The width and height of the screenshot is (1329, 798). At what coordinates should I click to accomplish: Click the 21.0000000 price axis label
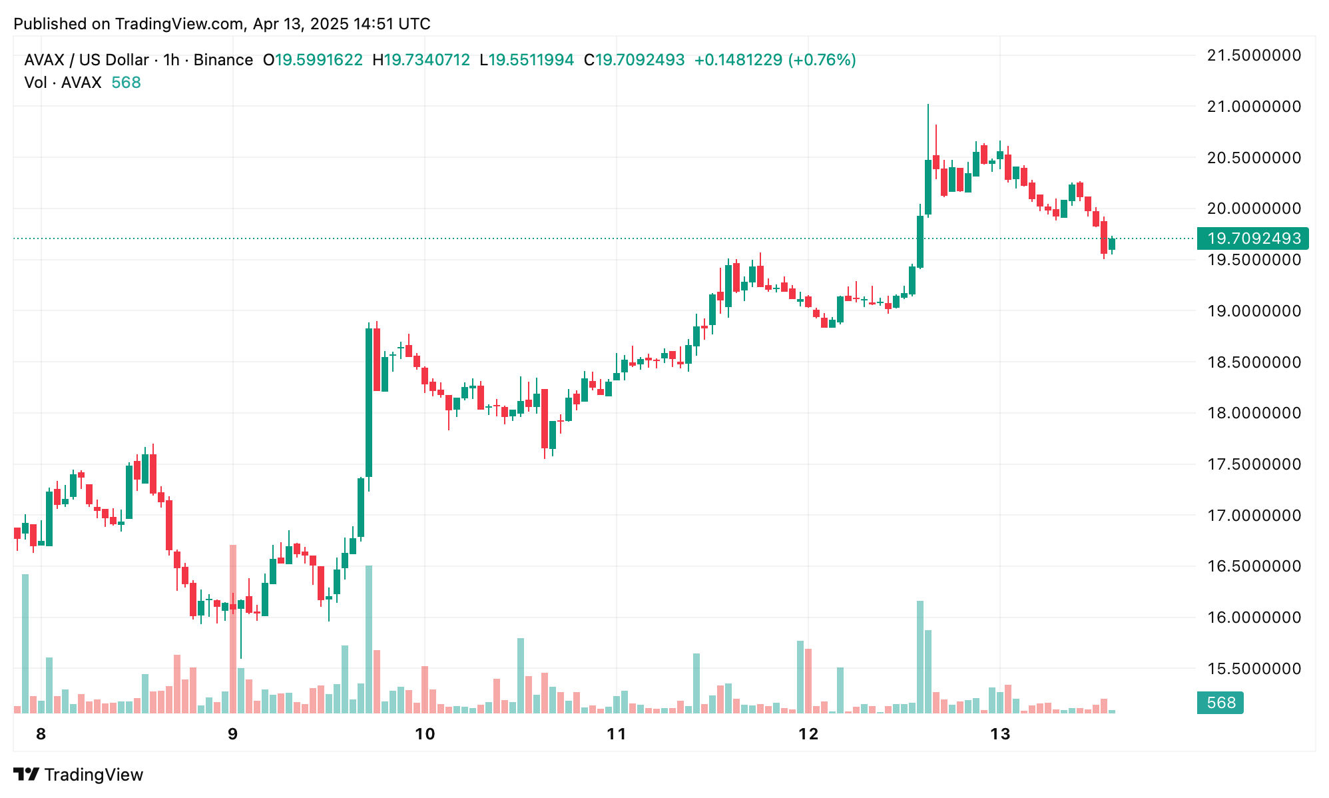pyautogui.click(x=1254, y=107)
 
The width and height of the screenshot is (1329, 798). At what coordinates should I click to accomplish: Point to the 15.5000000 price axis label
pyautogui.click(x=1254, y=669)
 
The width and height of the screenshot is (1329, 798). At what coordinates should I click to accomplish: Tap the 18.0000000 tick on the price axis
pyautogui.click(x=1254, y=413)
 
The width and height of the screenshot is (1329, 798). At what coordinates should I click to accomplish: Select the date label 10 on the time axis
pyautogui.click(x=425, y=734)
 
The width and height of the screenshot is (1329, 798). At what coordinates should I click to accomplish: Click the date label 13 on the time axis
pyautogui.click(x=1000, y=734)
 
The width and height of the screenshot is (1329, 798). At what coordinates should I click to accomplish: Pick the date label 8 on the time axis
pyautogui.click(x=41, y=734)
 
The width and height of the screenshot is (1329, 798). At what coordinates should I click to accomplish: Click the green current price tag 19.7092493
pyautogui.click(x=1253, y=238)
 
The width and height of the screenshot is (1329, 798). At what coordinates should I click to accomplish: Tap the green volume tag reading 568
pyautogui.click(x=1220, y=703)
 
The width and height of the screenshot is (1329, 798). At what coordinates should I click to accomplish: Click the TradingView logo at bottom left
pyautogui.click(x=79, y=775)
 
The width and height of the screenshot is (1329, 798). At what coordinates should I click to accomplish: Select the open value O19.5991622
pyautogui.click(x=313, y=60)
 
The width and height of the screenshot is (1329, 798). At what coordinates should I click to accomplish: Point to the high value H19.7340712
pyautogui.click(x=421, y=60)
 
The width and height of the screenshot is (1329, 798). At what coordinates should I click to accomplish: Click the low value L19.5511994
pyautogui.click(x=527, y=60)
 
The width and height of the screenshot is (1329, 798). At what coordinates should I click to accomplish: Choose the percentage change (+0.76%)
pyautogui.click(x=822, y=60)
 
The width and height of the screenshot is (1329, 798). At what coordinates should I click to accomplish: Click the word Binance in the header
pyautogui.click(x=223, y=60)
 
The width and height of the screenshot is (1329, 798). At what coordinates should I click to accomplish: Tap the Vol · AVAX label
pyautogui.click(x=63, y=83)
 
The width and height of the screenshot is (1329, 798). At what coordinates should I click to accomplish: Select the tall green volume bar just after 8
pyautogui.click(x=25, y=643)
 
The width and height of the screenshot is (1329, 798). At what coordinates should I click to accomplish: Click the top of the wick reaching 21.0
pyautogui.click(x=928, y=105)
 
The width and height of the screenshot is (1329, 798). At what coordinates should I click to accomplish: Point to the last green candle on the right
pyautogui.click(x=1112, y=244)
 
